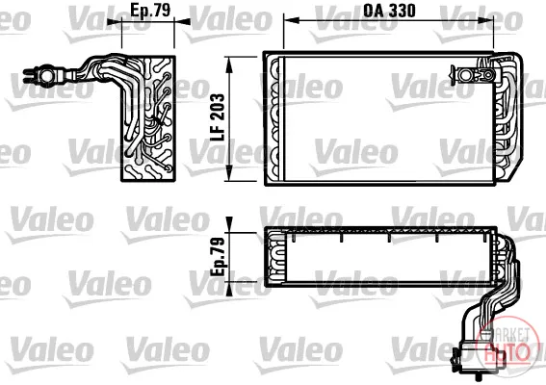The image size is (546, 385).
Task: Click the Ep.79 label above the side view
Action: pos(150,10)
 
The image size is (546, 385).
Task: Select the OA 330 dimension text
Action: pos(389,11)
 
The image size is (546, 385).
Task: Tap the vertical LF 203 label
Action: pos(219,117)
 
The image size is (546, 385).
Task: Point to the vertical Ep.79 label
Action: pos(219,257)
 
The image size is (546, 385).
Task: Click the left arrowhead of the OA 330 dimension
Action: pos(292,21)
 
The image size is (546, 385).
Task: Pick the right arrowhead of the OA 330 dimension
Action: pos(486,21)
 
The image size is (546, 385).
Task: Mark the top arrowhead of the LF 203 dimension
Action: pos(229,64)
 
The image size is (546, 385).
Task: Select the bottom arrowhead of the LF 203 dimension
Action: pos(229,173)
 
